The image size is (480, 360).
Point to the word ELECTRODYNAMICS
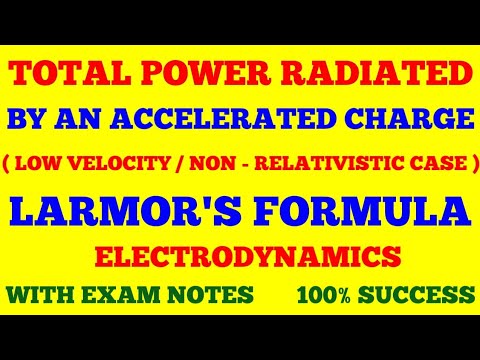(240, 257)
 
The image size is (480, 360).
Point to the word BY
(31, 120)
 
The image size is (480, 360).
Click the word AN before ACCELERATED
(86, 120)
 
